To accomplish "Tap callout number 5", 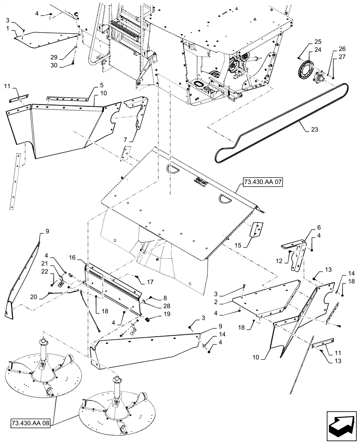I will coord(102,85).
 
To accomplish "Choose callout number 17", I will coord(150,281).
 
